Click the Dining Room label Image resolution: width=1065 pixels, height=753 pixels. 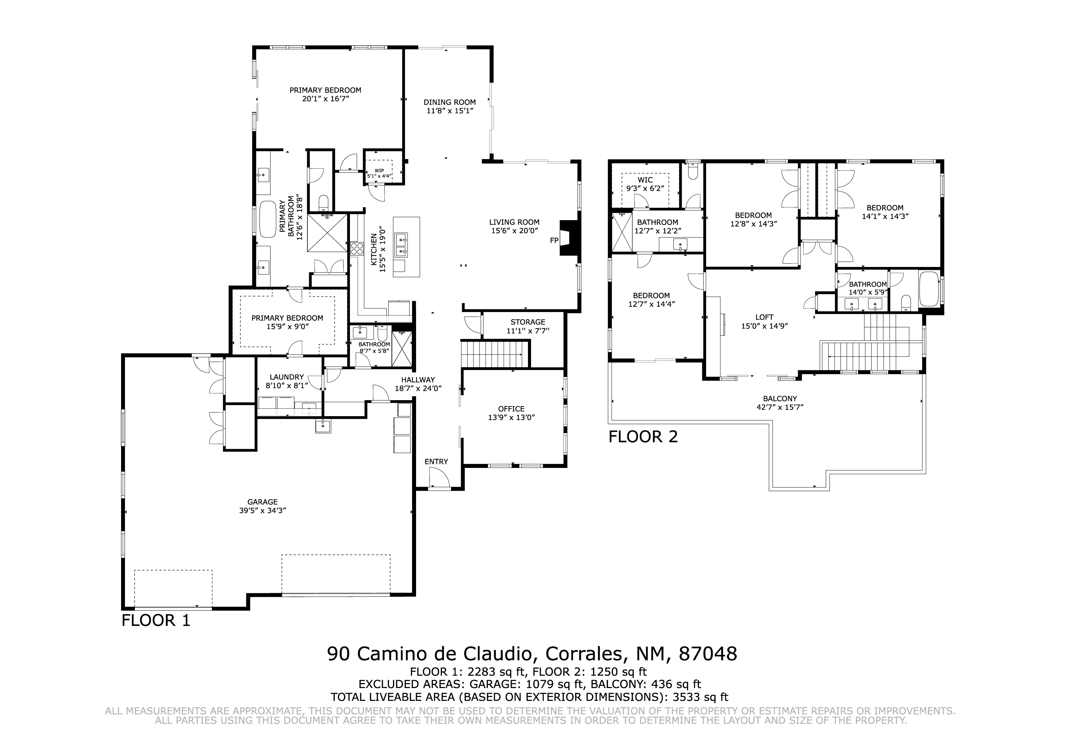click(449, 102)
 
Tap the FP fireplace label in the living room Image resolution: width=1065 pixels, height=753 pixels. click(554, 240)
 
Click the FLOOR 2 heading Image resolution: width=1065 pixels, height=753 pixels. click(643, 437)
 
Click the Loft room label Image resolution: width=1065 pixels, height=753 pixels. click(764, 317)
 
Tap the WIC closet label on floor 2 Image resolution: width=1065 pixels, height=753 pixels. click(645, 180)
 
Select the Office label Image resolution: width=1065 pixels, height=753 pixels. click(511, 409)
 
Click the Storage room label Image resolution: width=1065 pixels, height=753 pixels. click(528, 322)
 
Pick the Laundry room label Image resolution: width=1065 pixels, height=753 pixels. click(286, 377)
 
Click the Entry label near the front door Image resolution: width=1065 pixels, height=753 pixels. click(437, 462)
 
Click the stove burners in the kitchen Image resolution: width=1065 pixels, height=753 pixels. click(357, 249)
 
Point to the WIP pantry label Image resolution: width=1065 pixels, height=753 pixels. click(379, 170)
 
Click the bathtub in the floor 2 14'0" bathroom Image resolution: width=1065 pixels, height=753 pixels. click(929, 289)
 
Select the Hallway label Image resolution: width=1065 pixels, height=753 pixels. click(418, 380)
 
